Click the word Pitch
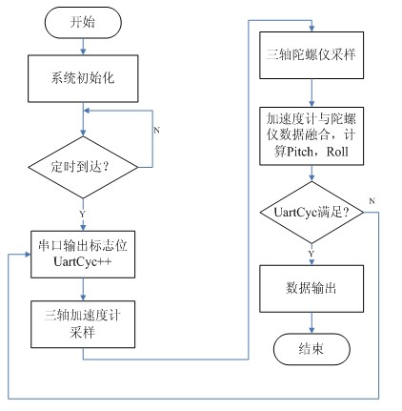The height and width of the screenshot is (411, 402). point(292,148)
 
